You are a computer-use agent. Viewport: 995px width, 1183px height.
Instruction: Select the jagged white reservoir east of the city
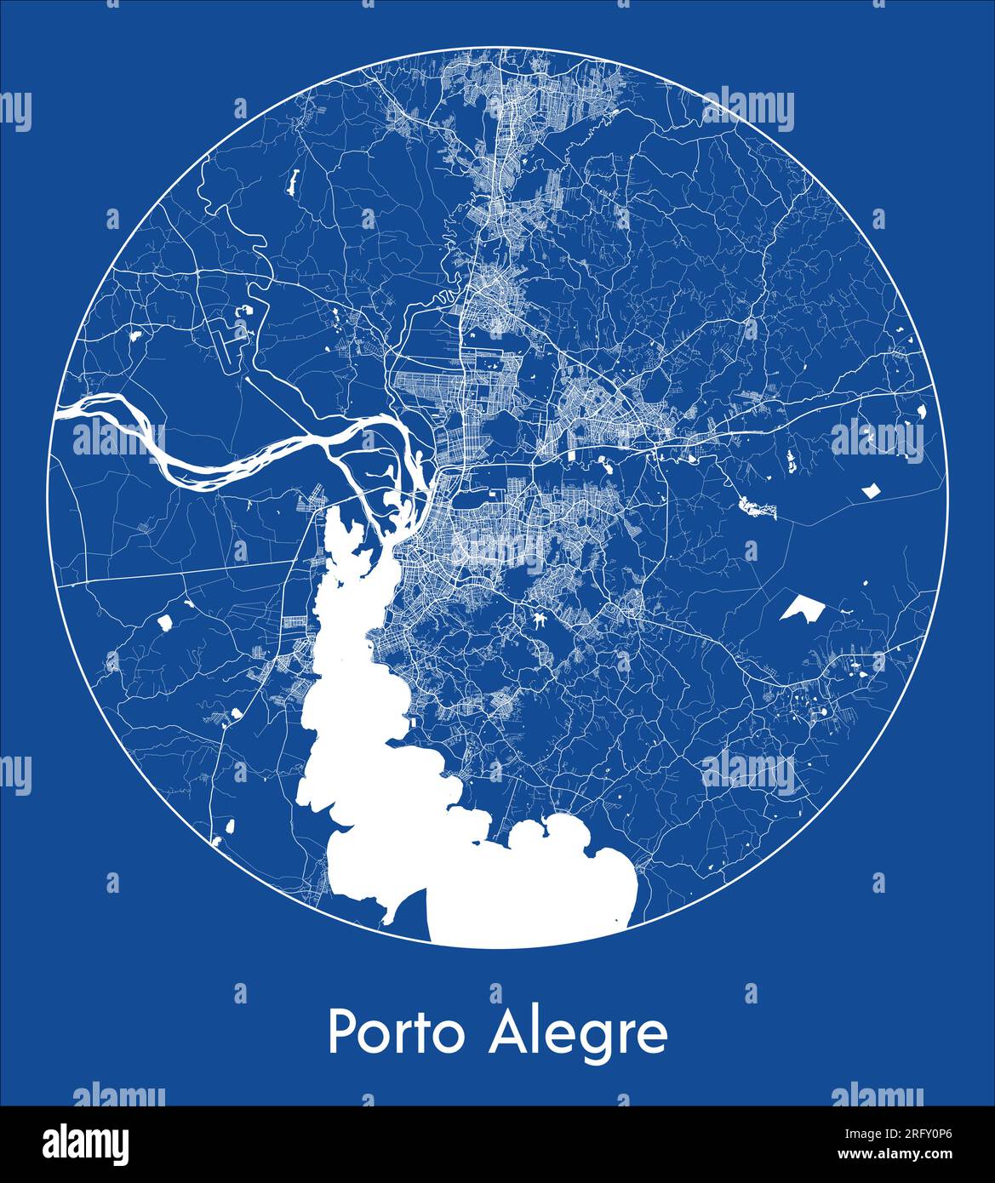click(x=758, y=508)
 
